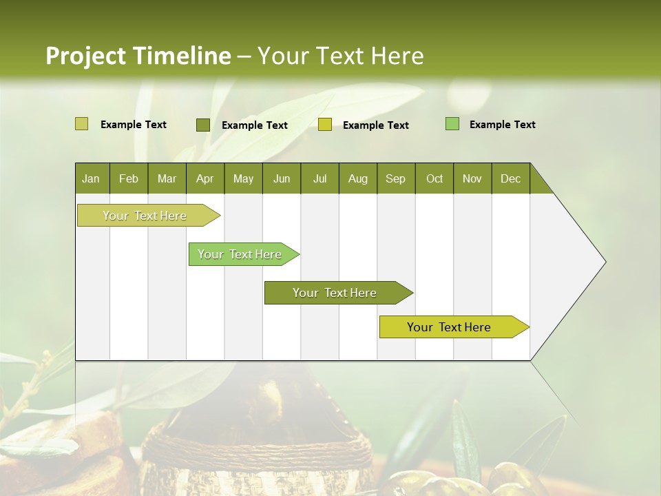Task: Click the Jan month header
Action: coord(92,178)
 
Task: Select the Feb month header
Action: coord(129,178)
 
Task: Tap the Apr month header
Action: coord(204,178)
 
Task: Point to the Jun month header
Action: coord(282,178)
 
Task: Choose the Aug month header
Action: coord(357,178)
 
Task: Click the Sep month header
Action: coord(395,178)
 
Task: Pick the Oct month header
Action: coord(434,178)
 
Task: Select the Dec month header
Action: coord(510,178)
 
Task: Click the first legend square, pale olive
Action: coord(81,124)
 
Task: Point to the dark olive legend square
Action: coord(202,125)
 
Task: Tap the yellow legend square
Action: coord(325,125)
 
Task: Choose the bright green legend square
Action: coord(452,124)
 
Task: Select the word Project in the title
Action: coord(86,56)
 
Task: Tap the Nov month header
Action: coord(472,178)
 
